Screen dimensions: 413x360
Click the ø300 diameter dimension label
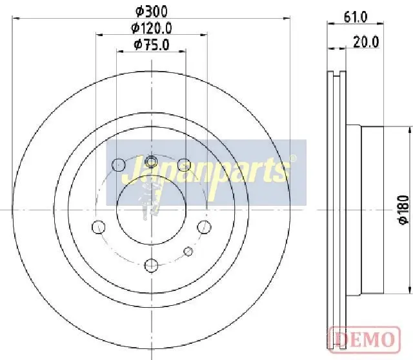152,12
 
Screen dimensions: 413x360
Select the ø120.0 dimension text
152,28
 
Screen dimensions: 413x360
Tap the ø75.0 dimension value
152,45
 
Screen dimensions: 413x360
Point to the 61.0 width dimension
356,17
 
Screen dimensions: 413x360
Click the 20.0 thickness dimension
366,42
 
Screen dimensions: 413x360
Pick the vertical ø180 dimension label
404,210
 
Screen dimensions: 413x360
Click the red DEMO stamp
365,339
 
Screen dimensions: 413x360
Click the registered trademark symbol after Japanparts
292,158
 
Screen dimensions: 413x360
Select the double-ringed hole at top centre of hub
151,161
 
